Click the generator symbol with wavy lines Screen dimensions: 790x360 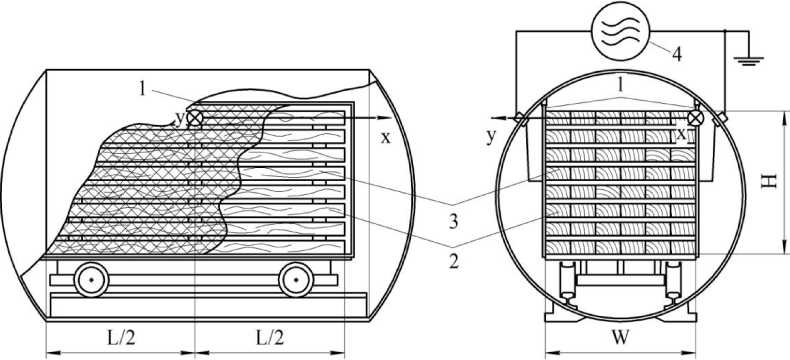tap(620, 32)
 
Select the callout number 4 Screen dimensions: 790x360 tap(677, 54)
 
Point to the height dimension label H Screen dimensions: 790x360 tap(769, 181)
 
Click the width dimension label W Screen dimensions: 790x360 tap(621, 337)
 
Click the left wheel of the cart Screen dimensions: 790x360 tap(91, 279)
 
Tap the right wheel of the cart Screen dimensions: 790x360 tap(296, 279)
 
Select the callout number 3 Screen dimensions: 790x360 tap(453, 222)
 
